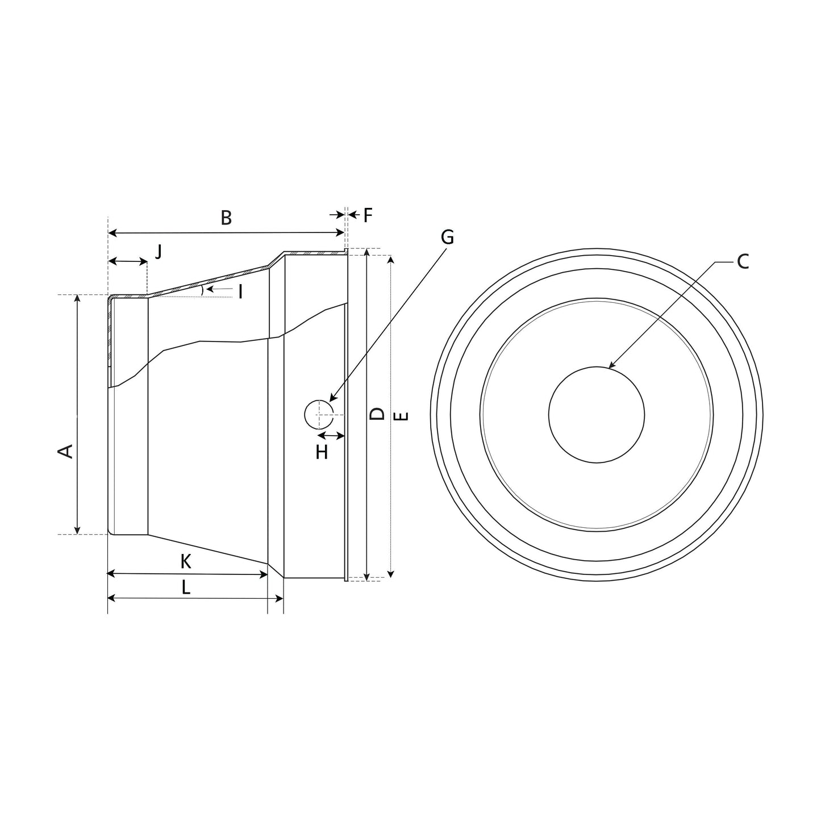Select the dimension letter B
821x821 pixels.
coord(226,218)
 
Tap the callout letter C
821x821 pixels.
coord(743,262)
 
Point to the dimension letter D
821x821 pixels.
coord(377,414)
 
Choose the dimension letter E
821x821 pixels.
coord(401,416)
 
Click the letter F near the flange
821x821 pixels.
coord(368,215)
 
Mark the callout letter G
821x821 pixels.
coord(447,237)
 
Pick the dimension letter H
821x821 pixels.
coord(322,453)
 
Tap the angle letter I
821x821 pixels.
coord(240,292)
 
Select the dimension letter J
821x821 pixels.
coord(159,251)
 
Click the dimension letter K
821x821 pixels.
coord(185,562)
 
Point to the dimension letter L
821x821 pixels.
coord(186,587)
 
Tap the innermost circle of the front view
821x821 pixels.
coord(596,415)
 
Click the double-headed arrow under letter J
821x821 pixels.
coord(127,261)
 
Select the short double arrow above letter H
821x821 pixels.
coord(331,436)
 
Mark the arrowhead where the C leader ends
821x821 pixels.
coord(610,367)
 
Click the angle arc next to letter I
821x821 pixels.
coord(202,290)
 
